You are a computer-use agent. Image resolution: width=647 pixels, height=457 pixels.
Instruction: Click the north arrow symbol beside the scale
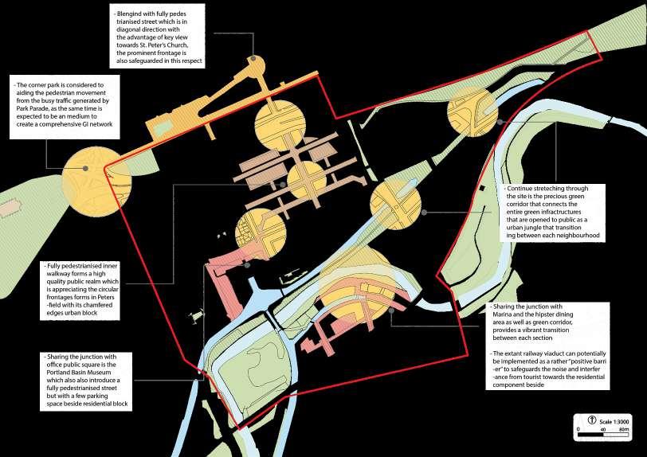coord(592,420)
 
